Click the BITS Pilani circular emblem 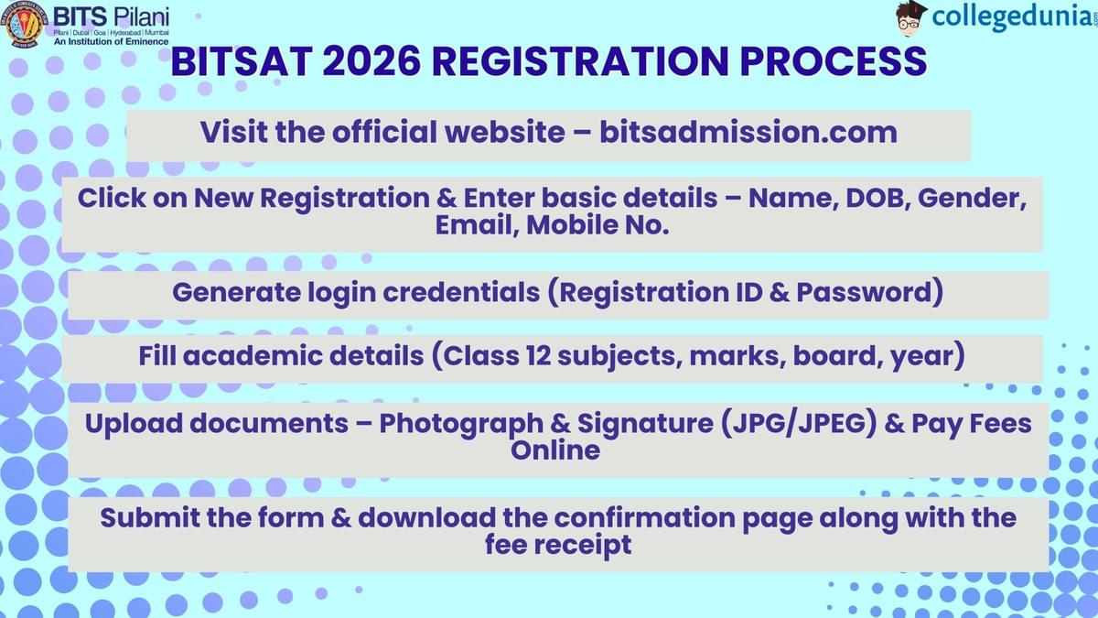(x=24, y=25)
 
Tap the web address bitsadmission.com (x=748, y=132)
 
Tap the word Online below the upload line (x=555, y=450)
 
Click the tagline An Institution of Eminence (x=111, y=41)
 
